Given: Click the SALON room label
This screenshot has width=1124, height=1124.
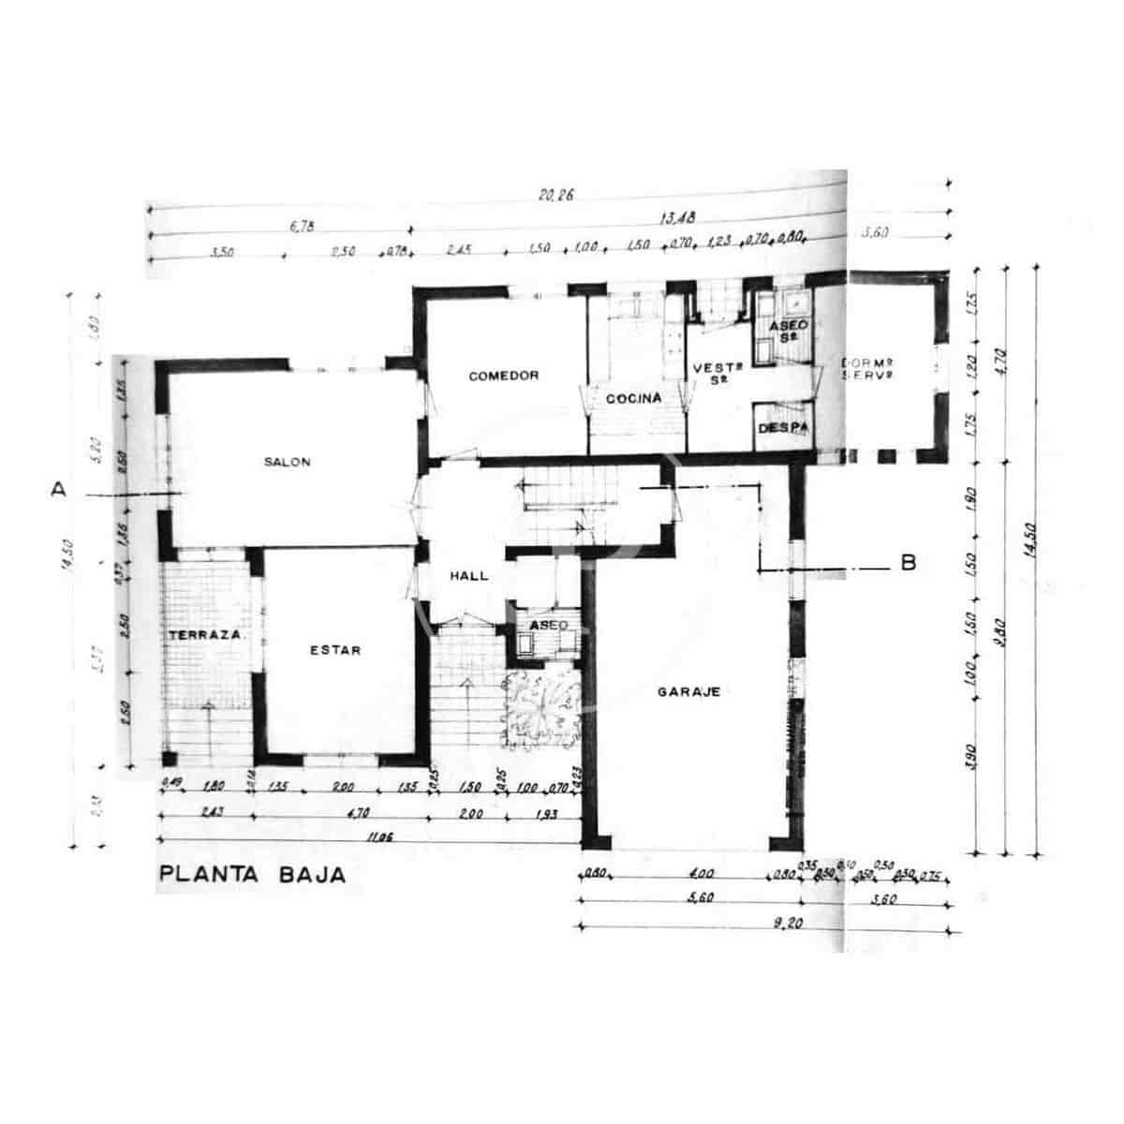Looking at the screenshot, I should (287, 462).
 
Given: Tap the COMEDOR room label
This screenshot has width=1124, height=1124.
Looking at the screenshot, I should (504, 376).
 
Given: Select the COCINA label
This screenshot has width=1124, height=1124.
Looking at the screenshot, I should (633, 398).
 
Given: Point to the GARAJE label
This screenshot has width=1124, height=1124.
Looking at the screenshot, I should (688, 692).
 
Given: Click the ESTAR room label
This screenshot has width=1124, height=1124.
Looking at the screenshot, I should (335, 650).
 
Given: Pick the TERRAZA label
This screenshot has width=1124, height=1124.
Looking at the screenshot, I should (206, 634).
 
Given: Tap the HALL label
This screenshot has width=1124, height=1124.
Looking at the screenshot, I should (468, 576).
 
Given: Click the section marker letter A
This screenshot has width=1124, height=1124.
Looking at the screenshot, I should (59, 489).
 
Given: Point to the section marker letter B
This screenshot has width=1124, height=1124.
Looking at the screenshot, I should (907, 563).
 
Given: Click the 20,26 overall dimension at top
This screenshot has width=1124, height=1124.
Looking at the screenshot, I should (555, 196).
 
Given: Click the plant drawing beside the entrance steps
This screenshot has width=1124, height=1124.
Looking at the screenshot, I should (540, 708).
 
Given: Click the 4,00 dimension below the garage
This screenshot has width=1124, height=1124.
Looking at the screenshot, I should (701, 874).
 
